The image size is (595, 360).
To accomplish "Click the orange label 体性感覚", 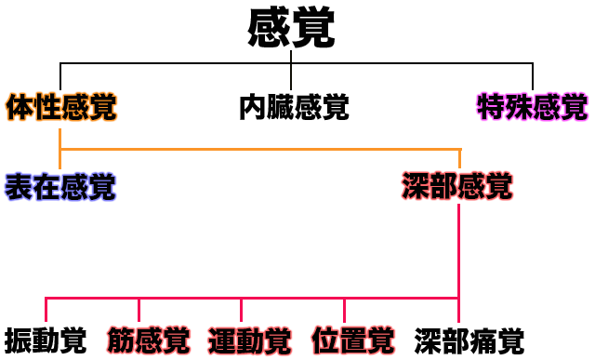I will pyautogui.click(x=61, y=108).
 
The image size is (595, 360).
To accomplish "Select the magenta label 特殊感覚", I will pyautogui.click(x=532, y=108).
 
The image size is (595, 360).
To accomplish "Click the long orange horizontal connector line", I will pyautogui.click(x=260, y=149).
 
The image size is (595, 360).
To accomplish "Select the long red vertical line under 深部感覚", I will pyautogui.click(x=459, y=251).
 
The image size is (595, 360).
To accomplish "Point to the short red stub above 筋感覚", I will pyautogui.click(x=139, y=310).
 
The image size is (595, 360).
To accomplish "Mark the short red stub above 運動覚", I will pyautogui.click(x=241, y=310).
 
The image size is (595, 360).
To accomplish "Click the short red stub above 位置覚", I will pyautogui.click(x=344, y=310).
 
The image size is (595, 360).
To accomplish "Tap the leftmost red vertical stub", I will pyautogui.click(x=46, y=310).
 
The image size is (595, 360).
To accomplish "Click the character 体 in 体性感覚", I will pyautogui.click(x=20, y=108).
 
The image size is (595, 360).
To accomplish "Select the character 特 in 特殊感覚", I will pyautogui.click(x=491, y=108).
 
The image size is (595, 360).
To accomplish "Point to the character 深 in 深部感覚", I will pyautogui.click(x=416, y=187).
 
